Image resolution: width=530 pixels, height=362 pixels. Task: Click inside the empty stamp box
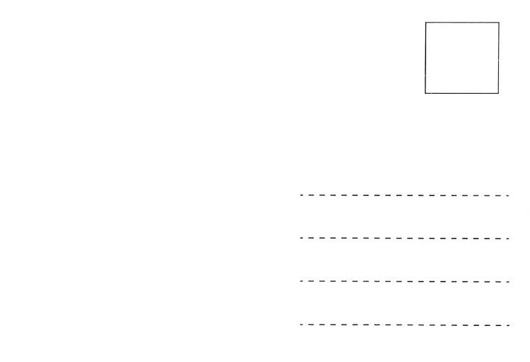coord(461,57)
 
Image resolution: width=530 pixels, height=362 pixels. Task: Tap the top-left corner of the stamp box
coord(425,22)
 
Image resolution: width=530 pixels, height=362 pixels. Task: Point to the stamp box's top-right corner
coord(499,22)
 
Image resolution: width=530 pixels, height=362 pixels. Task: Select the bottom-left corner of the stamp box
coord(425,93)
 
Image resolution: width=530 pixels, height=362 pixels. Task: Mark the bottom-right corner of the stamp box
coord(499,93)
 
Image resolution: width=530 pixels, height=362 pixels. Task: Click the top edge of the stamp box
coord(461,22)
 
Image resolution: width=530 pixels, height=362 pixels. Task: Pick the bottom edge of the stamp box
coord(461,93)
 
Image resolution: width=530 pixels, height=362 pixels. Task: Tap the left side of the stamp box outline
coord(425,57)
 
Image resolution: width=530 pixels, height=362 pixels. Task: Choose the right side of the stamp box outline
coord(499,57)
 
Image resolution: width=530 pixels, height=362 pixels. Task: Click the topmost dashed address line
coord(404,195)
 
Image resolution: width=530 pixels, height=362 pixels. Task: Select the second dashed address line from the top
coord(404,239)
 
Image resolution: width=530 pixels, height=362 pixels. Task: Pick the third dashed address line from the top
coord(404,282)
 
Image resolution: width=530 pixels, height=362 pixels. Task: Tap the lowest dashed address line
coord(404,325)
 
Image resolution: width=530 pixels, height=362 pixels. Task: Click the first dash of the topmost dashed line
coord(302,195)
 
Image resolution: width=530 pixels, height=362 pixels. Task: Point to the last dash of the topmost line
coord(507,195)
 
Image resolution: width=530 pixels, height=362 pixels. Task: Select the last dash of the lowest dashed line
coord(507,325)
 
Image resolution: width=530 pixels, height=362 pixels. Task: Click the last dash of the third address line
coord(507,282)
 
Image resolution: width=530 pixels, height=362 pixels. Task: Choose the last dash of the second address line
coord(507,239)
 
